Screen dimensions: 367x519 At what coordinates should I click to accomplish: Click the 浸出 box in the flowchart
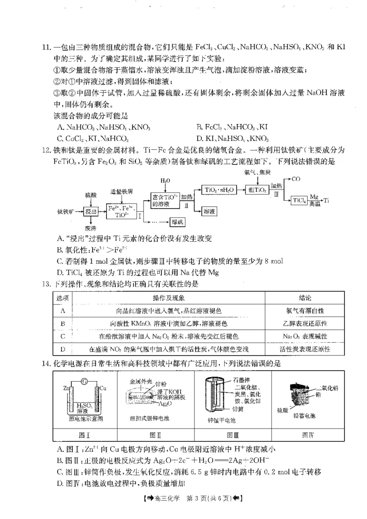91,212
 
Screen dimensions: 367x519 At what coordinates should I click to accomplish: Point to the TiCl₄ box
299,201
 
